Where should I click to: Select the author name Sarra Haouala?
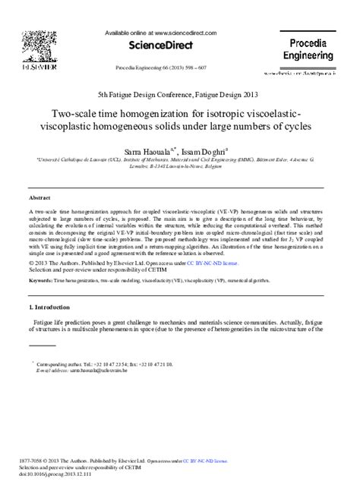point(154,151)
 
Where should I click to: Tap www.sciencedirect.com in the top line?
point(191,33)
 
